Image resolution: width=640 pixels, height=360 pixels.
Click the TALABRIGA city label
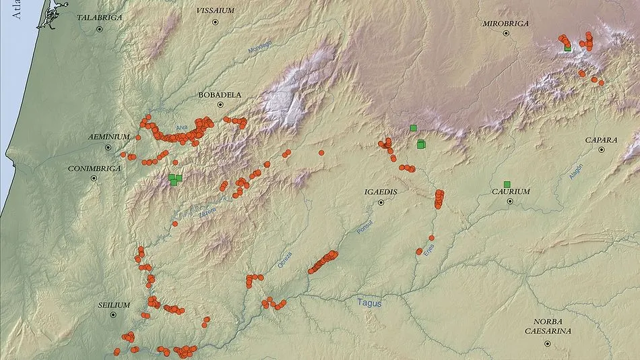tap(99, 18)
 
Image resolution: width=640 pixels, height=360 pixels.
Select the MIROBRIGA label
tap(505, 24)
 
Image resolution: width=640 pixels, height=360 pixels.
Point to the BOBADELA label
tap(220, 95)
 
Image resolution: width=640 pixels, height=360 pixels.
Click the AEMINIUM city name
tap(108, 137)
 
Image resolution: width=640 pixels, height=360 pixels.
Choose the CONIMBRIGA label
tap(94, 168)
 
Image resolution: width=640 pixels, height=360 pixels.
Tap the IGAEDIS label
tap(381, 192)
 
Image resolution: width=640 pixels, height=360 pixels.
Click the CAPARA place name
tap(601, 140)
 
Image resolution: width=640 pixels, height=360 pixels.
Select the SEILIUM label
tap(113, 305)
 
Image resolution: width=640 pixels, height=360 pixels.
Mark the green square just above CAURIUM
tap(507, 184)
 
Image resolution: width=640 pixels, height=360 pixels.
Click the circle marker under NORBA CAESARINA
tap(547, 344)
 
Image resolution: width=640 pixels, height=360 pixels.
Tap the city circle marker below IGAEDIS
tap(381, 202)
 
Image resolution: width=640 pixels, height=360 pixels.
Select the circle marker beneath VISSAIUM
tap(216, 22)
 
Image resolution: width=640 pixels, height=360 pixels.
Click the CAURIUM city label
tap(511, 191)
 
